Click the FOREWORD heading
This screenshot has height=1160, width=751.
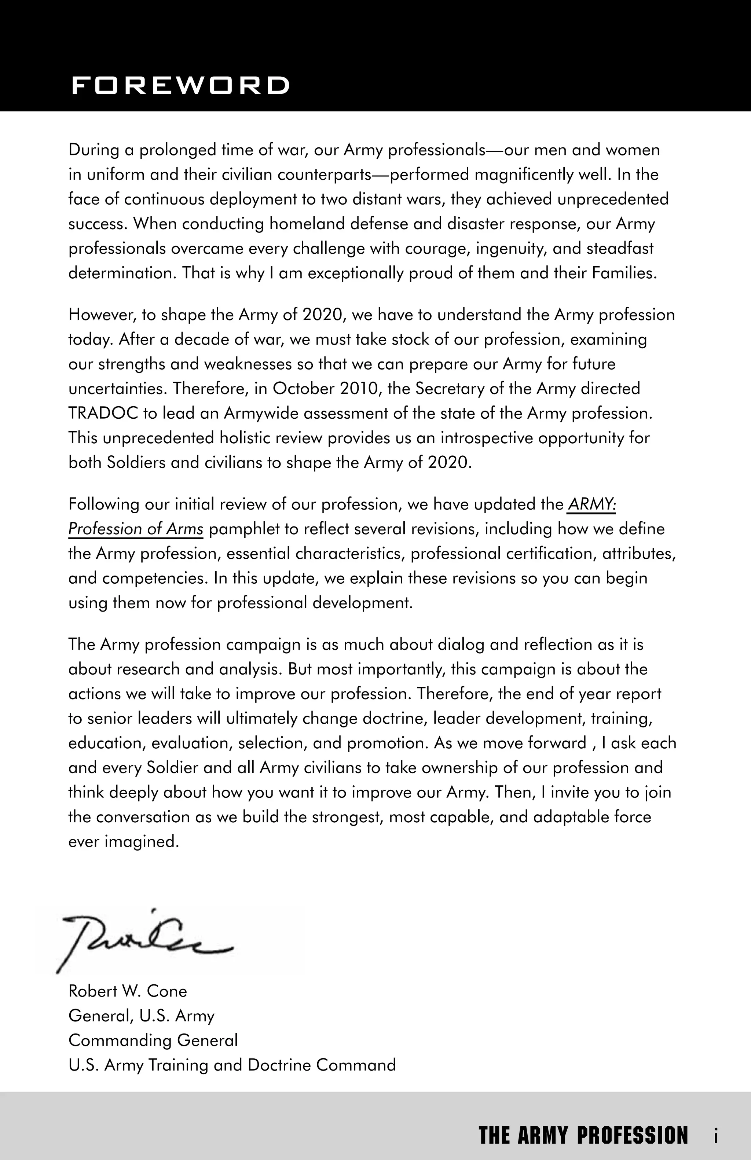click(x=180, y=85)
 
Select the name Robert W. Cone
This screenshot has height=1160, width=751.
click(x=128, y=991)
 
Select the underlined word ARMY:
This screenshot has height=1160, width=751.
click(x=591, y=504)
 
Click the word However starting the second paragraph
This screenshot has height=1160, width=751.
click(x=101, y=315)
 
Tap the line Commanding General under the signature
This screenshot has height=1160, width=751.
click(x=153, y=1040)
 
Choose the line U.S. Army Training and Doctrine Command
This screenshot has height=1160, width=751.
click(x=232, y=1064)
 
